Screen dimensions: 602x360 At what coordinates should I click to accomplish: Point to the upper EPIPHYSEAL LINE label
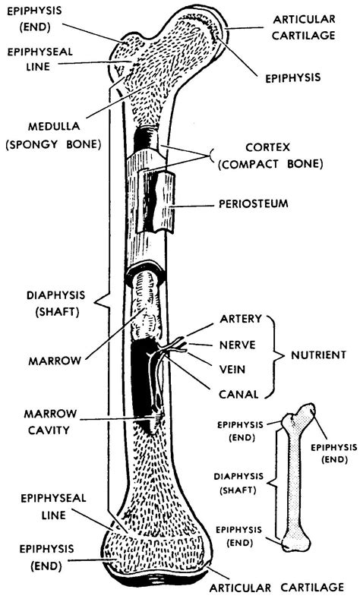tap(30, 58)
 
